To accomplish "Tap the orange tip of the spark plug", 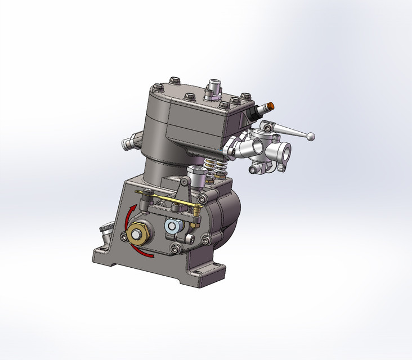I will [272, 105].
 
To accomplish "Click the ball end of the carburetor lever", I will [310, 136].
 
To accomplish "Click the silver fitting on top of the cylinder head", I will [213, 89].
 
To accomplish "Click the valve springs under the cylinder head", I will [213, 167].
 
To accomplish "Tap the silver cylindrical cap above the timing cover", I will [196, 177].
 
